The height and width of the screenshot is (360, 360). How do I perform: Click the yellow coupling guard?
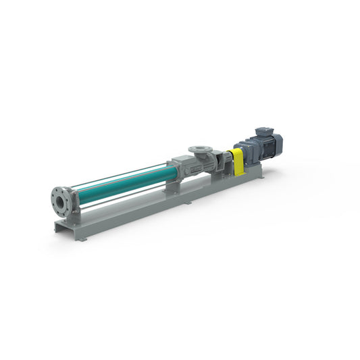(x=237, y=161)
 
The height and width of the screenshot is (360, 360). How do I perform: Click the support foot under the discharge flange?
(x=75, y=216)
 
